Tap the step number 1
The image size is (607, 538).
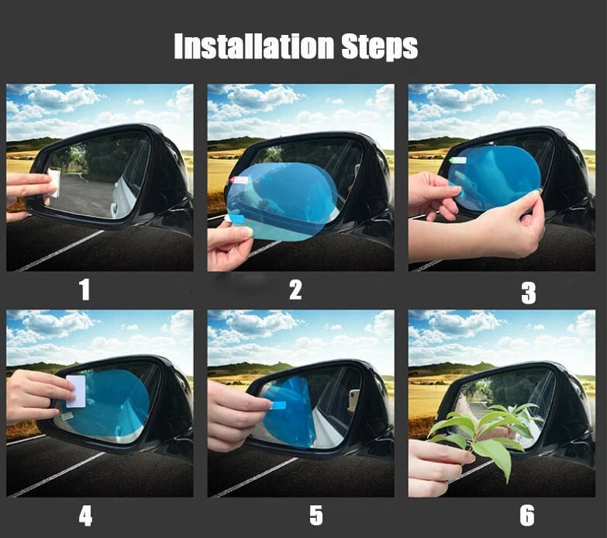click(84, 290)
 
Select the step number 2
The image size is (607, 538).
click(295, 290)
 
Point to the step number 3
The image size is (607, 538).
click(528, 293)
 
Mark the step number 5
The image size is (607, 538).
click(316, 515)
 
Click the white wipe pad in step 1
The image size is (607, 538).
click(54, 183)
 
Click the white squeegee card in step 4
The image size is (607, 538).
click(76, 391)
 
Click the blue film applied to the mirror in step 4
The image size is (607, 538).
click(112, 404)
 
